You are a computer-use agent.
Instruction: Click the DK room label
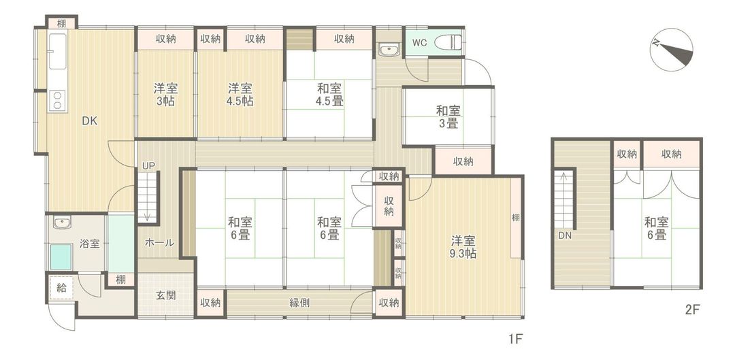click(x=90, y=122)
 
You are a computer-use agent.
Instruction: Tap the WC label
click(x=419, y=42)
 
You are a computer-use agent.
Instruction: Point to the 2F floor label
click(x=692, y=309)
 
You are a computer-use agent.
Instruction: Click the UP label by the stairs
click(x=148, y=165)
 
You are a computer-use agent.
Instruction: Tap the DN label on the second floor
click(x=565, y=236)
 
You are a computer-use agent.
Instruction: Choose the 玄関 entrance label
click(x=166, y=295)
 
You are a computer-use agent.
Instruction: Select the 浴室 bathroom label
click(x=89, y=244)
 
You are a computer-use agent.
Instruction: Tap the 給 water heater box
click(x=61, y=288)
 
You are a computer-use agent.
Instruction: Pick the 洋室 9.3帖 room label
click(x=462, y=247)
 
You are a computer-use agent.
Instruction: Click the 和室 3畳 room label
click(x=448, y=116)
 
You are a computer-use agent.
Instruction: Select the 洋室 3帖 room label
click(x=165, y=94)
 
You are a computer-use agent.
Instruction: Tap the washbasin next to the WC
click(x=389, y=49)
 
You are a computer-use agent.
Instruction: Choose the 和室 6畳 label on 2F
click(x=656, y=229)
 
